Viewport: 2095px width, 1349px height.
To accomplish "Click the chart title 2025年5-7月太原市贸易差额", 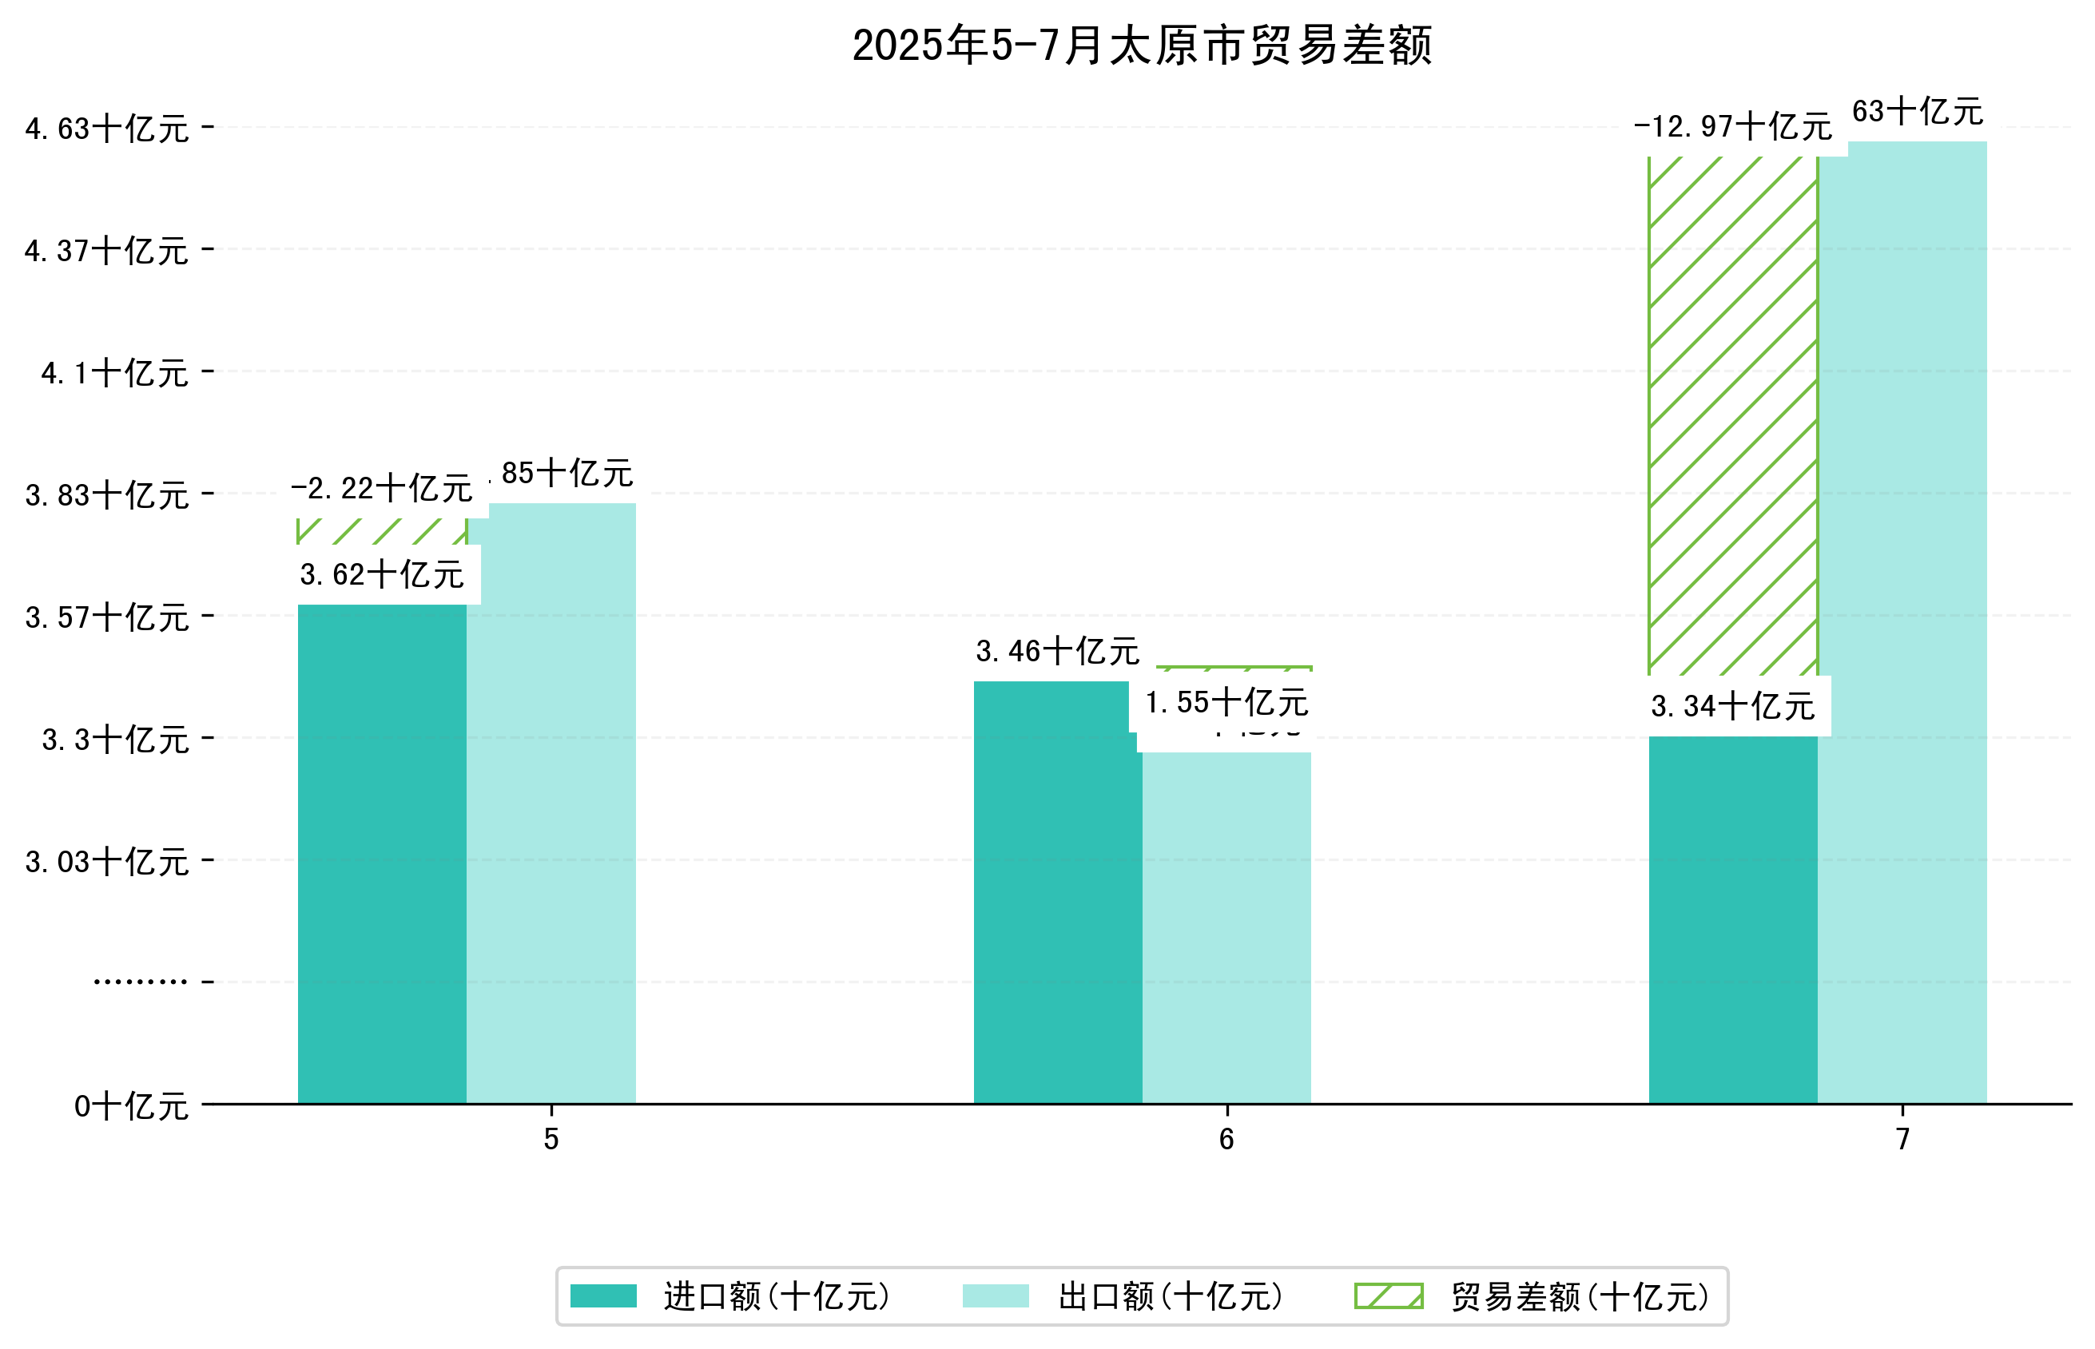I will tap(1141, 46).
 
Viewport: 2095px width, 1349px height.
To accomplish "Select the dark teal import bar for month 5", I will tap(382, 854).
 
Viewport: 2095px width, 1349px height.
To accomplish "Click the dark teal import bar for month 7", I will tap(1732, 920).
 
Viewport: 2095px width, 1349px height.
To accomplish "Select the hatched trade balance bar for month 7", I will tap(1732, 416).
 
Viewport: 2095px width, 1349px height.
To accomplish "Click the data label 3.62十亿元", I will tap(382, 574).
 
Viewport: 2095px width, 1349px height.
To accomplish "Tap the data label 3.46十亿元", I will tap(1058, 652).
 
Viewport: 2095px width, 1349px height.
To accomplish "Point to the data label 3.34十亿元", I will tap(1732, 706).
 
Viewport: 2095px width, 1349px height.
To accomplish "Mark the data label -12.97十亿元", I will tap(1732, 127).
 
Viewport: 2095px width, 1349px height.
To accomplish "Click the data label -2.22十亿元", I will tap(382, 489).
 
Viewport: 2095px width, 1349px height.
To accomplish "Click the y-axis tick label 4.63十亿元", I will tap(107, 129).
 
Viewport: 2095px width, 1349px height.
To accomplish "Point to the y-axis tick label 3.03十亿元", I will tap(107, 862).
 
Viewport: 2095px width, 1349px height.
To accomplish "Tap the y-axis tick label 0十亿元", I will tap(131, 1106).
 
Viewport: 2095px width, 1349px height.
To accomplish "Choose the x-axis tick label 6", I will tap(1226, 1139).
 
